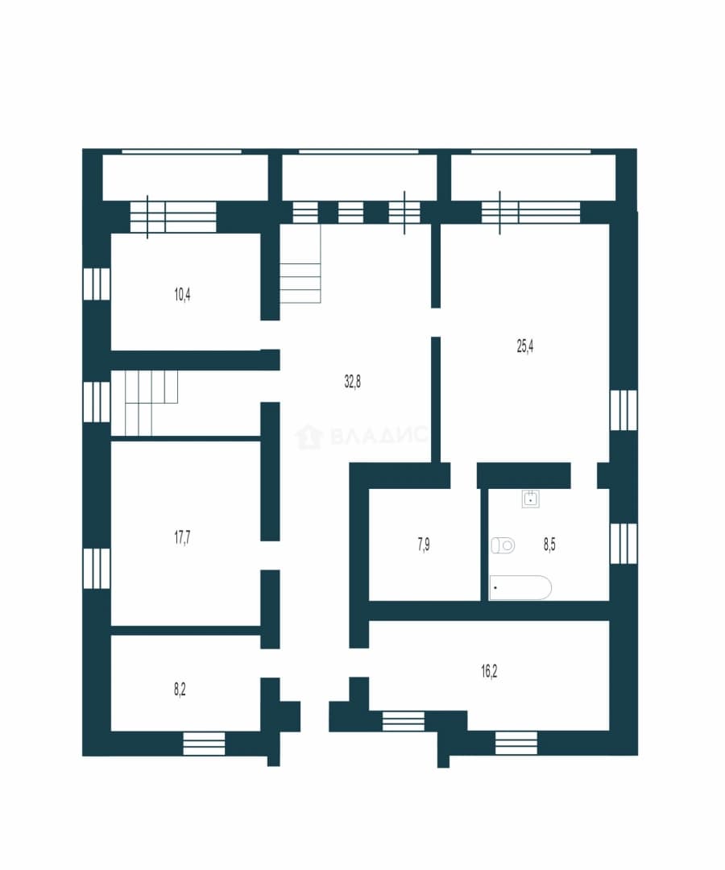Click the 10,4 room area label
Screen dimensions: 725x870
[x=183, y=294]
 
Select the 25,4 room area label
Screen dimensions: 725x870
[x=525, y=346]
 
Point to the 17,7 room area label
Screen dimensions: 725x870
[x=183, y=536]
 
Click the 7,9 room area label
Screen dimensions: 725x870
[x=424, y=545]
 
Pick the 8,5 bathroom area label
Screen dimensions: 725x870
[x=549, y=545]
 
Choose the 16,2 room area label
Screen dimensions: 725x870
[x=489, y=671]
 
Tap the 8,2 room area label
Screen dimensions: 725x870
[x=180, y=689]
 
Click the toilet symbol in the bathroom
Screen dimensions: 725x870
[x=503, y=545]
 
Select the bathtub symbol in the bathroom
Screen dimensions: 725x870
[x=520, y=587]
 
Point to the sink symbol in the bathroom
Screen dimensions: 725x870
[x=531, y=499]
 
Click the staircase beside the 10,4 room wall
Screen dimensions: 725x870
[x=300, y=263]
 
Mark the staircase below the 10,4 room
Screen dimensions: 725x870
[x=145, y=403]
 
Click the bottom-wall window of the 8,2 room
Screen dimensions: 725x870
[x=204, y=743]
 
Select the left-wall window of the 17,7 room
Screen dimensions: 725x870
[x=97, y=568]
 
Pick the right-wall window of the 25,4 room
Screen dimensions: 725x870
[x=623, y=410]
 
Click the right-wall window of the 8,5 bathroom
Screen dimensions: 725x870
[x=623, y=544]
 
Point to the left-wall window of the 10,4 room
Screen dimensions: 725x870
[x=97, y=284]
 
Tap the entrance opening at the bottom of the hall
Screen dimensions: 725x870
[x=314, y=716]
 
